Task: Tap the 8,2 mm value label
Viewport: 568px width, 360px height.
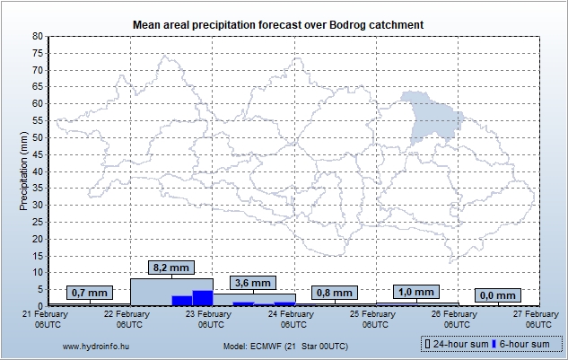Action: point(171,268)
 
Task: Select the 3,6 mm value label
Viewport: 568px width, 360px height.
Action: point(252,284)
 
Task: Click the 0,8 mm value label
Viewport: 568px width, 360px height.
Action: point(335,293)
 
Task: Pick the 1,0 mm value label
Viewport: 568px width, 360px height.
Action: point(417,292)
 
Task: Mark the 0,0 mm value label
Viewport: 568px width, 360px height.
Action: point(498,295)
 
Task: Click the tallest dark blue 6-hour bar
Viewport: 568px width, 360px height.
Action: point(203,298)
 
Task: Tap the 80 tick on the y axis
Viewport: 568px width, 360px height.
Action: point(38,36)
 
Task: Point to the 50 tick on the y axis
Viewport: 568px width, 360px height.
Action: point(38,137)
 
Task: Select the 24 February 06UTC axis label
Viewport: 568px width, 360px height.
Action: point(294,319)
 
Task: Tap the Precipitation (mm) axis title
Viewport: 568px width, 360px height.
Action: point(24,171)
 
